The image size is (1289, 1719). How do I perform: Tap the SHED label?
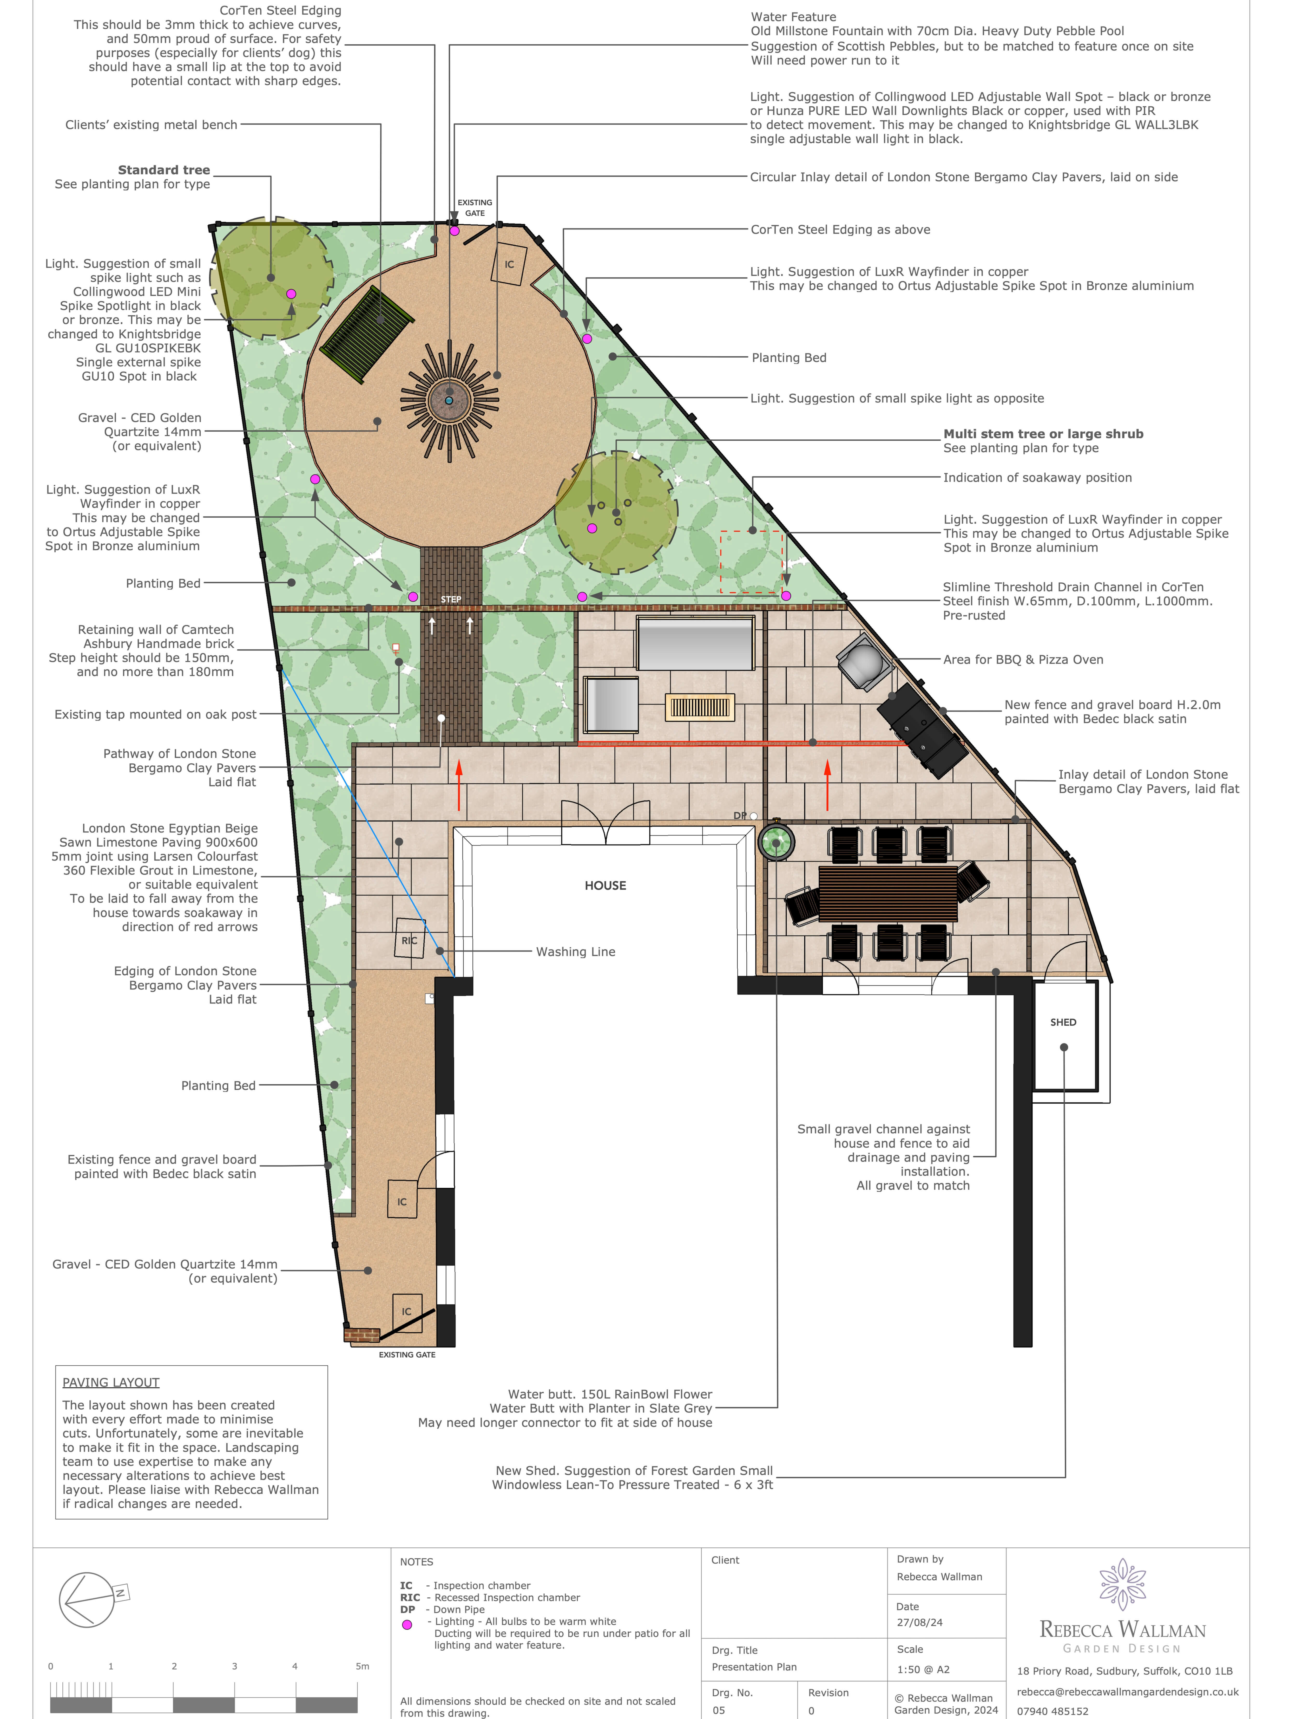(1063, 1022)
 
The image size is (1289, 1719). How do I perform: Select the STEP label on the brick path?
(451, 599)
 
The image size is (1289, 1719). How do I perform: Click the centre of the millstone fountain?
(449, 400)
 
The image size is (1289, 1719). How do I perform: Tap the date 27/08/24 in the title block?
(919, 1623)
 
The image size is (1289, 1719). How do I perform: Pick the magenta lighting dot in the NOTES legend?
(406, 1624)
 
